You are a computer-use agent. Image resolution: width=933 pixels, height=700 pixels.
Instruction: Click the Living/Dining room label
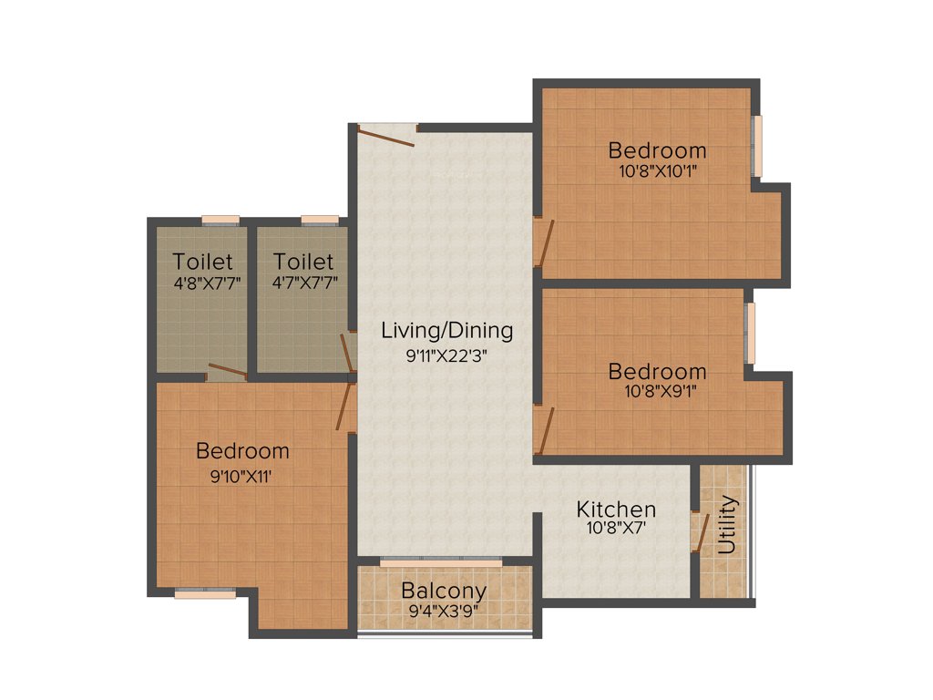(x=446, y=330)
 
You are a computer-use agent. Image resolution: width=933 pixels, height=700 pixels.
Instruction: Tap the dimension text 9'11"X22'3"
(x=446, y=356)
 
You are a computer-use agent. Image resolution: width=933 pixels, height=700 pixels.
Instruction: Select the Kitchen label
(x=616, y=509)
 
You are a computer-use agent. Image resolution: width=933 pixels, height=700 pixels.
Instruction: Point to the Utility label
(x=727, y=525)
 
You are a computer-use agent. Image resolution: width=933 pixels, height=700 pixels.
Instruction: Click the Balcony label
(x=444, y=591)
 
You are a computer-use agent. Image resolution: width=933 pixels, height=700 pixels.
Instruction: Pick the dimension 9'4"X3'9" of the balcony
(x=444, y=612)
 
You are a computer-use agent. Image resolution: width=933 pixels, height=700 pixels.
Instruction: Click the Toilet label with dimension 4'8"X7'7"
(x=203, y=262)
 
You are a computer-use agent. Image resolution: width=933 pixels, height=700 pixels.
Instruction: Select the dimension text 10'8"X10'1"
(x=657, y=170)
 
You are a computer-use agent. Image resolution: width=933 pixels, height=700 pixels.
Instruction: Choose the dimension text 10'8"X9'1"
(x=657, y=392)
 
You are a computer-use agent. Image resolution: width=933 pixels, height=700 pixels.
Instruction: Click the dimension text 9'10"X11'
(x=241, y=473)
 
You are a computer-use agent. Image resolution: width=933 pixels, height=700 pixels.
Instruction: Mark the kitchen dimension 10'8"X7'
(x=616, y=526)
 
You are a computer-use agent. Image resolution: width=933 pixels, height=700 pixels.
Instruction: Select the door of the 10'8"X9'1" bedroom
(x=545, y=428)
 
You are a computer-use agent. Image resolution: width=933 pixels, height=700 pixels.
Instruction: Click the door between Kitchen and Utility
(x=699, y=533)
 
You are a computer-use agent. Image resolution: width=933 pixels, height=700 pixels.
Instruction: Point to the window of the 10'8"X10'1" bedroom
(x=756, y=146)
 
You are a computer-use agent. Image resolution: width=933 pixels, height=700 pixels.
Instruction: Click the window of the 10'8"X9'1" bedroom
(x=750, y=333)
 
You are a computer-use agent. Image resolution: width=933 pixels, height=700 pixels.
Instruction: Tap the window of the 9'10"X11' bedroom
(x=205, y=593)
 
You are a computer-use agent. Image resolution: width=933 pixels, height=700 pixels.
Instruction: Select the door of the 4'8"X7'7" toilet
(x=227, y=371)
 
